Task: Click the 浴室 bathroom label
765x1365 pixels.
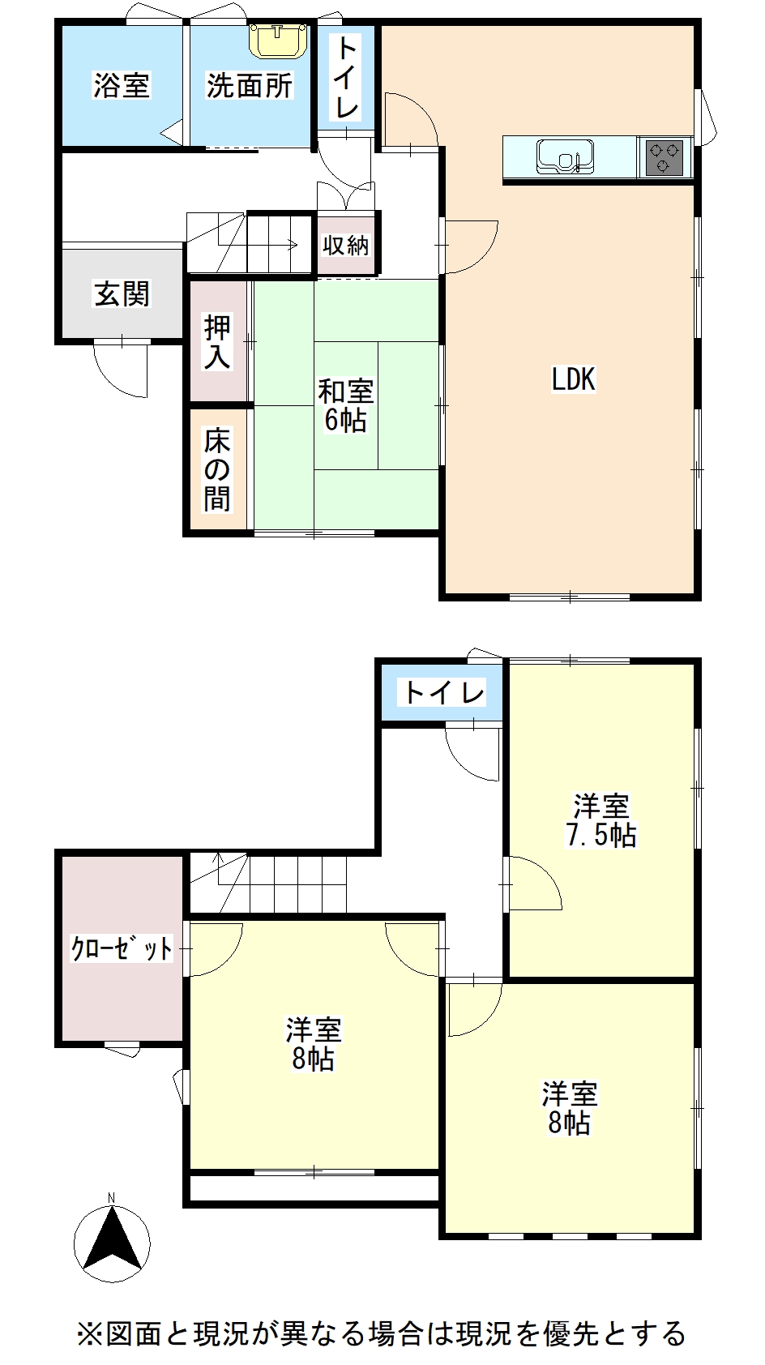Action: [122, 85]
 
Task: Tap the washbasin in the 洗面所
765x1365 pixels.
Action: [278, 41]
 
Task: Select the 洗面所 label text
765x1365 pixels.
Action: [249, 85]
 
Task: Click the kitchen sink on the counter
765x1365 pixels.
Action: [565, 156]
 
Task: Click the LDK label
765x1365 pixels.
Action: [573, 379]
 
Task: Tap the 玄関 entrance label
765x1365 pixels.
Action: [122, 293]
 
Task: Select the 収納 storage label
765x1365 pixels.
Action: [346, 246]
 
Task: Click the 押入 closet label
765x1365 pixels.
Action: [217, 342]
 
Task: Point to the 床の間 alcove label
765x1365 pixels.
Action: [217, 470]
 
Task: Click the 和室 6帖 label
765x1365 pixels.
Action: [345, 406]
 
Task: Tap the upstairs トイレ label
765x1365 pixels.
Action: [443, 692]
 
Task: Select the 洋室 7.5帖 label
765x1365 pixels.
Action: [601, 821]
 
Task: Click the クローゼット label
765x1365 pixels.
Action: [122, 948]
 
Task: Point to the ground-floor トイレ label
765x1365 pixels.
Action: [345, 77]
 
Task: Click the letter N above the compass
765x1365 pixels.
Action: [112, 1198]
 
